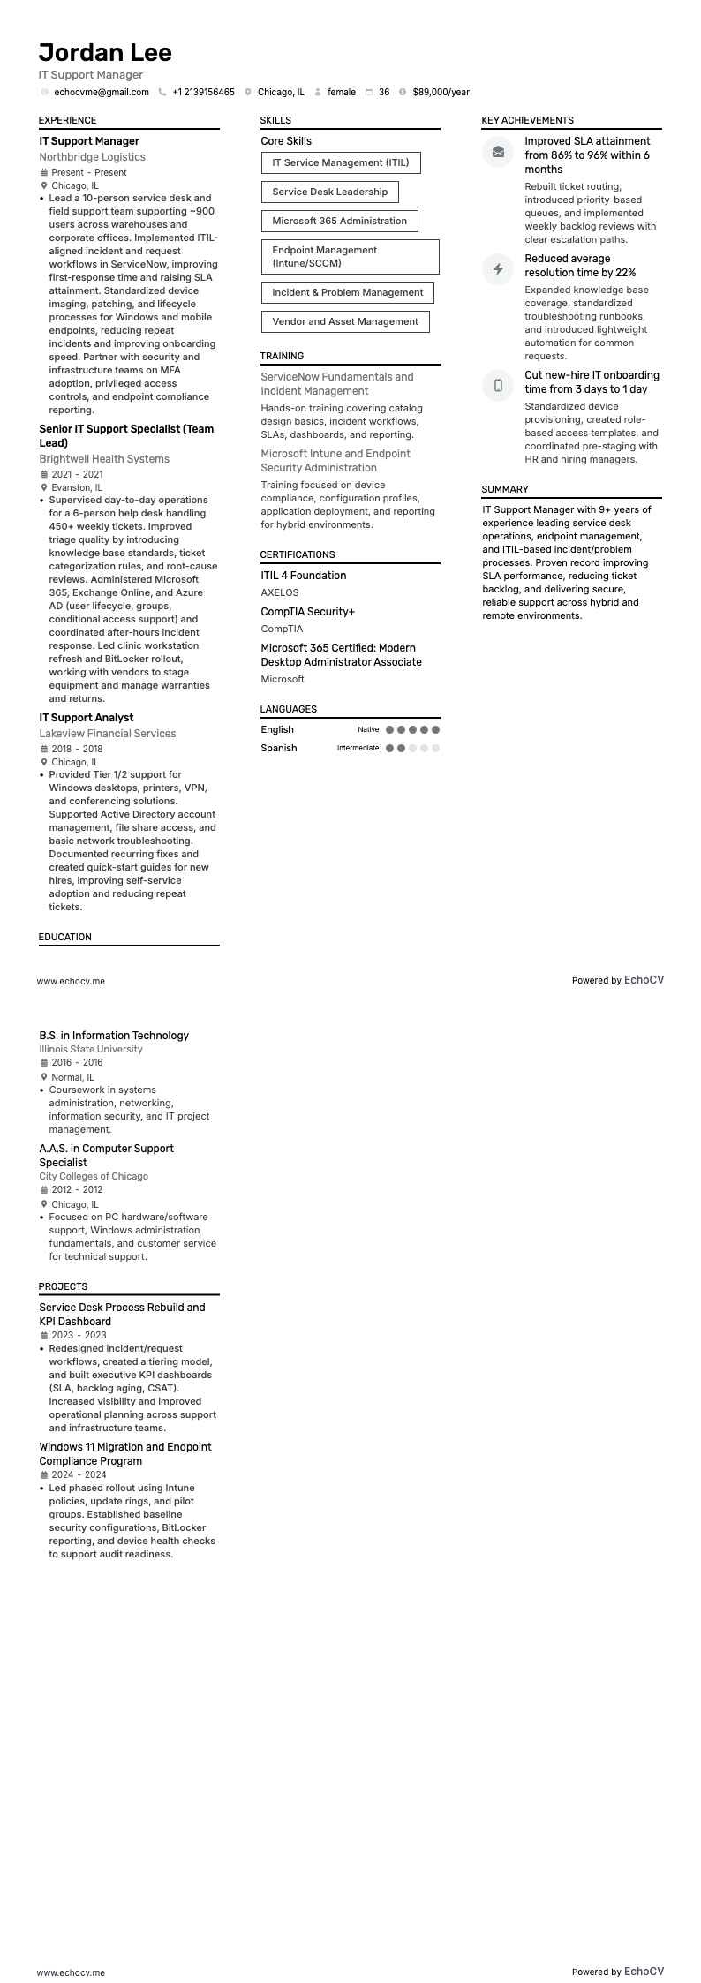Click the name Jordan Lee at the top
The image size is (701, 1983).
105,53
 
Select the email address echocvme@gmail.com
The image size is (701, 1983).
102,92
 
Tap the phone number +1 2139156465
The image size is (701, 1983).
203,92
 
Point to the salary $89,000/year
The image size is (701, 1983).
441,92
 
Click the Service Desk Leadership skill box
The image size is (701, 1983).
329,192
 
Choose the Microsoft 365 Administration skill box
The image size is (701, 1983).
339,221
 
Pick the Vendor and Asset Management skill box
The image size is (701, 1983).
344,321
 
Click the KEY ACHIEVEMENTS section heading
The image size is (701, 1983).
527,120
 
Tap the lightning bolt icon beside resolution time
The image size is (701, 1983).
498,268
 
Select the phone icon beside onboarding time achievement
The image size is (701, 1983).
498,385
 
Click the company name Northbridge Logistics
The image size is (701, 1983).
92,157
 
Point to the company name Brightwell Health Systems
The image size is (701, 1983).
104,459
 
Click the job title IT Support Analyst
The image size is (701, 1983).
86,718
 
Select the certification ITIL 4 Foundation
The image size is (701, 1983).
303,576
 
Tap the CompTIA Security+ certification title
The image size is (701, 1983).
307,612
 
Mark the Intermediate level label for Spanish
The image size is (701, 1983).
358,748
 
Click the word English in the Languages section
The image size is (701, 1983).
277,729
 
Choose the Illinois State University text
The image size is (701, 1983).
90,1049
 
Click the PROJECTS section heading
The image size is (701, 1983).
63,1286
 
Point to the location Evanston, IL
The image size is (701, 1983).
77,487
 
